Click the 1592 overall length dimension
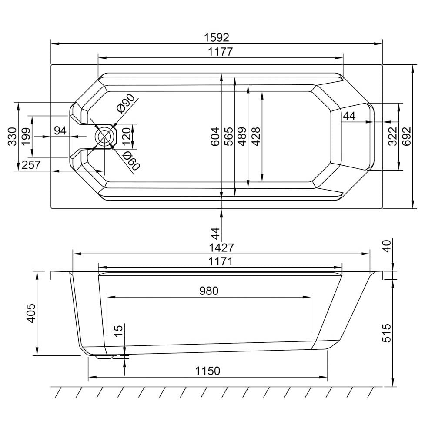coord(217,37)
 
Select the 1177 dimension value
coord(220,52)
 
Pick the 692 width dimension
coord(407,136)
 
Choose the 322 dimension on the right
coord(392,136)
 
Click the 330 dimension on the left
coord(12,137)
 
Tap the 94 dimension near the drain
coord(60,130)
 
